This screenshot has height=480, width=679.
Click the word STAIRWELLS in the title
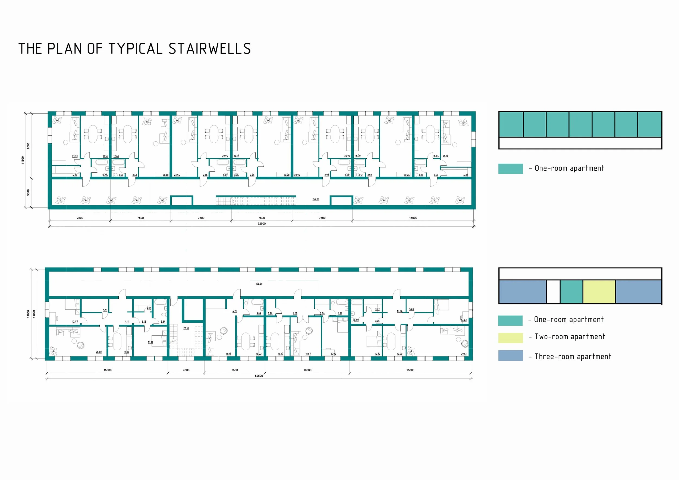(x=210, y=49)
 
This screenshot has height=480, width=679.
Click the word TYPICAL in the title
(x=136, y=49)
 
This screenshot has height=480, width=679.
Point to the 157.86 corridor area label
(x=316, y=199)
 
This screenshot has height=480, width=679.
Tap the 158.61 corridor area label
(x=259, y=284)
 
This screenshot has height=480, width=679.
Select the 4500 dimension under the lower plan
(x=186, y=370)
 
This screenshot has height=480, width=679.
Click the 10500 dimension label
(x=307, y=370)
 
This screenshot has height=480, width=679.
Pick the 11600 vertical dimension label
(x=23, y=160)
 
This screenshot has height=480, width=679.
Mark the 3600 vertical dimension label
(x=29, y=192)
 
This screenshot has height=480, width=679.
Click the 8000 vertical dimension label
(x=29, y=146)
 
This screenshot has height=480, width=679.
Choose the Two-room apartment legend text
(x=570, y=337)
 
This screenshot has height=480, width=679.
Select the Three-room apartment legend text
(x=573, y=357)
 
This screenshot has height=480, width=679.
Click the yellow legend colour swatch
(x=510, y=338)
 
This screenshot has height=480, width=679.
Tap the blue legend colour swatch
(x=510, y=356)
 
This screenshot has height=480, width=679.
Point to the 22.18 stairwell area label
(x=186, y=328)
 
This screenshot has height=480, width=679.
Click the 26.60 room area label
(x=99, y=352)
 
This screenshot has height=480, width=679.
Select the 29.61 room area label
(x=463, y=354)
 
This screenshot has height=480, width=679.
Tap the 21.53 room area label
(x=75, y=156)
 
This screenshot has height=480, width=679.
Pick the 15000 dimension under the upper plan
(x=413, y=218)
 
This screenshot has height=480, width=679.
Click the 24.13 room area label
(x=445, y=156)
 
